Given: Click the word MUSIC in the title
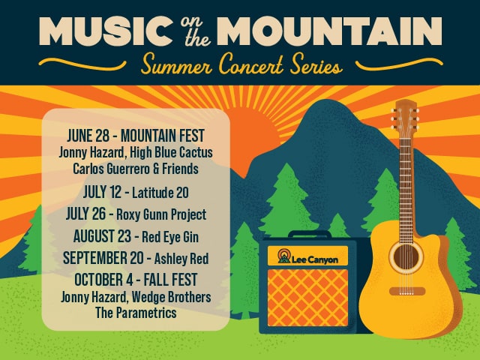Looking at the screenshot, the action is (106, 31).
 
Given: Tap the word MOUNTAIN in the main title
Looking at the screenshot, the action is (331, 31).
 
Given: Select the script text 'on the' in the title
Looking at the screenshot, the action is (195, 31).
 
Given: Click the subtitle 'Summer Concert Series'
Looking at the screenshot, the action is (241, 64).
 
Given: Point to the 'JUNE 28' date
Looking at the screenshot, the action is (88, 136).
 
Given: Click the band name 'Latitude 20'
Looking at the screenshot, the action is (160, 193).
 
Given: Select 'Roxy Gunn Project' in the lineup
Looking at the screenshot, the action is (161, 214).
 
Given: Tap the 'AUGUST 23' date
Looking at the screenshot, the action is (102, 236).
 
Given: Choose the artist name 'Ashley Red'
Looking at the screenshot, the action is (181, 258).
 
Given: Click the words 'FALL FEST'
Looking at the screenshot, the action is (170, 280).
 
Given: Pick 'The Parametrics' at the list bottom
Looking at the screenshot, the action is (136, 313).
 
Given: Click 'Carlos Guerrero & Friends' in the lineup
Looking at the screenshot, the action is (136, 169).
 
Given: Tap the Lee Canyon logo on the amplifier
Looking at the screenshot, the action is (307, 256).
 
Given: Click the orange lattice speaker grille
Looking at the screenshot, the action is (307, 298).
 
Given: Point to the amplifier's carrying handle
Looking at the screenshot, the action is (310, 233).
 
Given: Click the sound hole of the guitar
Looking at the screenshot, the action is (406, 256).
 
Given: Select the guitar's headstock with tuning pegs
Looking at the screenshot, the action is (405, 118).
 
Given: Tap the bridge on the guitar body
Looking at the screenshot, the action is (406, 291).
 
